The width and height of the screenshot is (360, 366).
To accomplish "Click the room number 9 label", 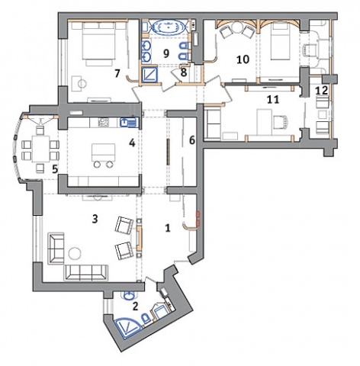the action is pos(166,53).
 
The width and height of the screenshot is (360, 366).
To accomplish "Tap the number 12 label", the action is pos(321,91).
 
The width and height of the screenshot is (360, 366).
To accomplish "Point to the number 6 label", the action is pos(192,140).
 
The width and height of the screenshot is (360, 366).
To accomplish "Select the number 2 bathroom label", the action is pos(135,307).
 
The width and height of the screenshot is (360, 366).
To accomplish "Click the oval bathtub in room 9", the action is pos(168,27).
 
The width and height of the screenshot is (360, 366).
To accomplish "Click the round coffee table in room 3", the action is pos(75,253).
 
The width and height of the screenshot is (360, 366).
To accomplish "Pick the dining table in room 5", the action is pos(40,149).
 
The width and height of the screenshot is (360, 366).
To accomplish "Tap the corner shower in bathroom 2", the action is pos(126,329).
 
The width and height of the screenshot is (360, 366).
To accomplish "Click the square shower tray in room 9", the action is pos(149,73).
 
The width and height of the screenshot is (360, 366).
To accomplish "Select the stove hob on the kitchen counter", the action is pos(103,122).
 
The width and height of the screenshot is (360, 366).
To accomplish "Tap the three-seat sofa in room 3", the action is pos(86,272).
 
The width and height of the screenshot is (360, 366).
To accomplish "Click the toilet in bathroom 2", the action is pos(146,319).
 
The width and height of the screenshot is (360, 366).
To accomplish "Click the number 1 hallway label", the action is pos(167,228).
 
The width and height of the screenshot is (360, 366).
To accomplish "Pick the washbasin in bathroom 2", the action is pos(130,295).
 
